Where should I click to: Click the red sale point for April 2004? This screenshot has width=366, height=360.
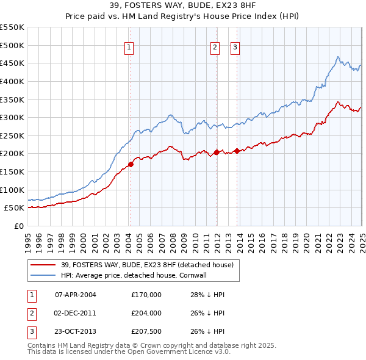131,164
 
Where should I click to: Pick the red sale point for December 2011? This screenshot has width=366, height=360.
217,152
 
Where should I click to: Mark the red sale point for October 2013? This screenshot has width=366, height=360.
237,151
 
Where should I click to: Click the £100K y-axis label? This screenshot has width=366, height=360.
13,190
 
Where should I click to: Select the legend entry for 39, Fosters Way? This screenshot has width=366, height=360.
147,265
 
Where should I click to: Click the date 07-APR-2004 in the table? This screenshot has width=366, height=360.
76,295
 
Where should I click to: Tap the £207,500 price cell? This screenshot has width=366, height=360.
146,333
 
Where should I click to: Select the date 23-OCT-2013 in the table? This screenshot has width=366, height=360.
76,333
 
